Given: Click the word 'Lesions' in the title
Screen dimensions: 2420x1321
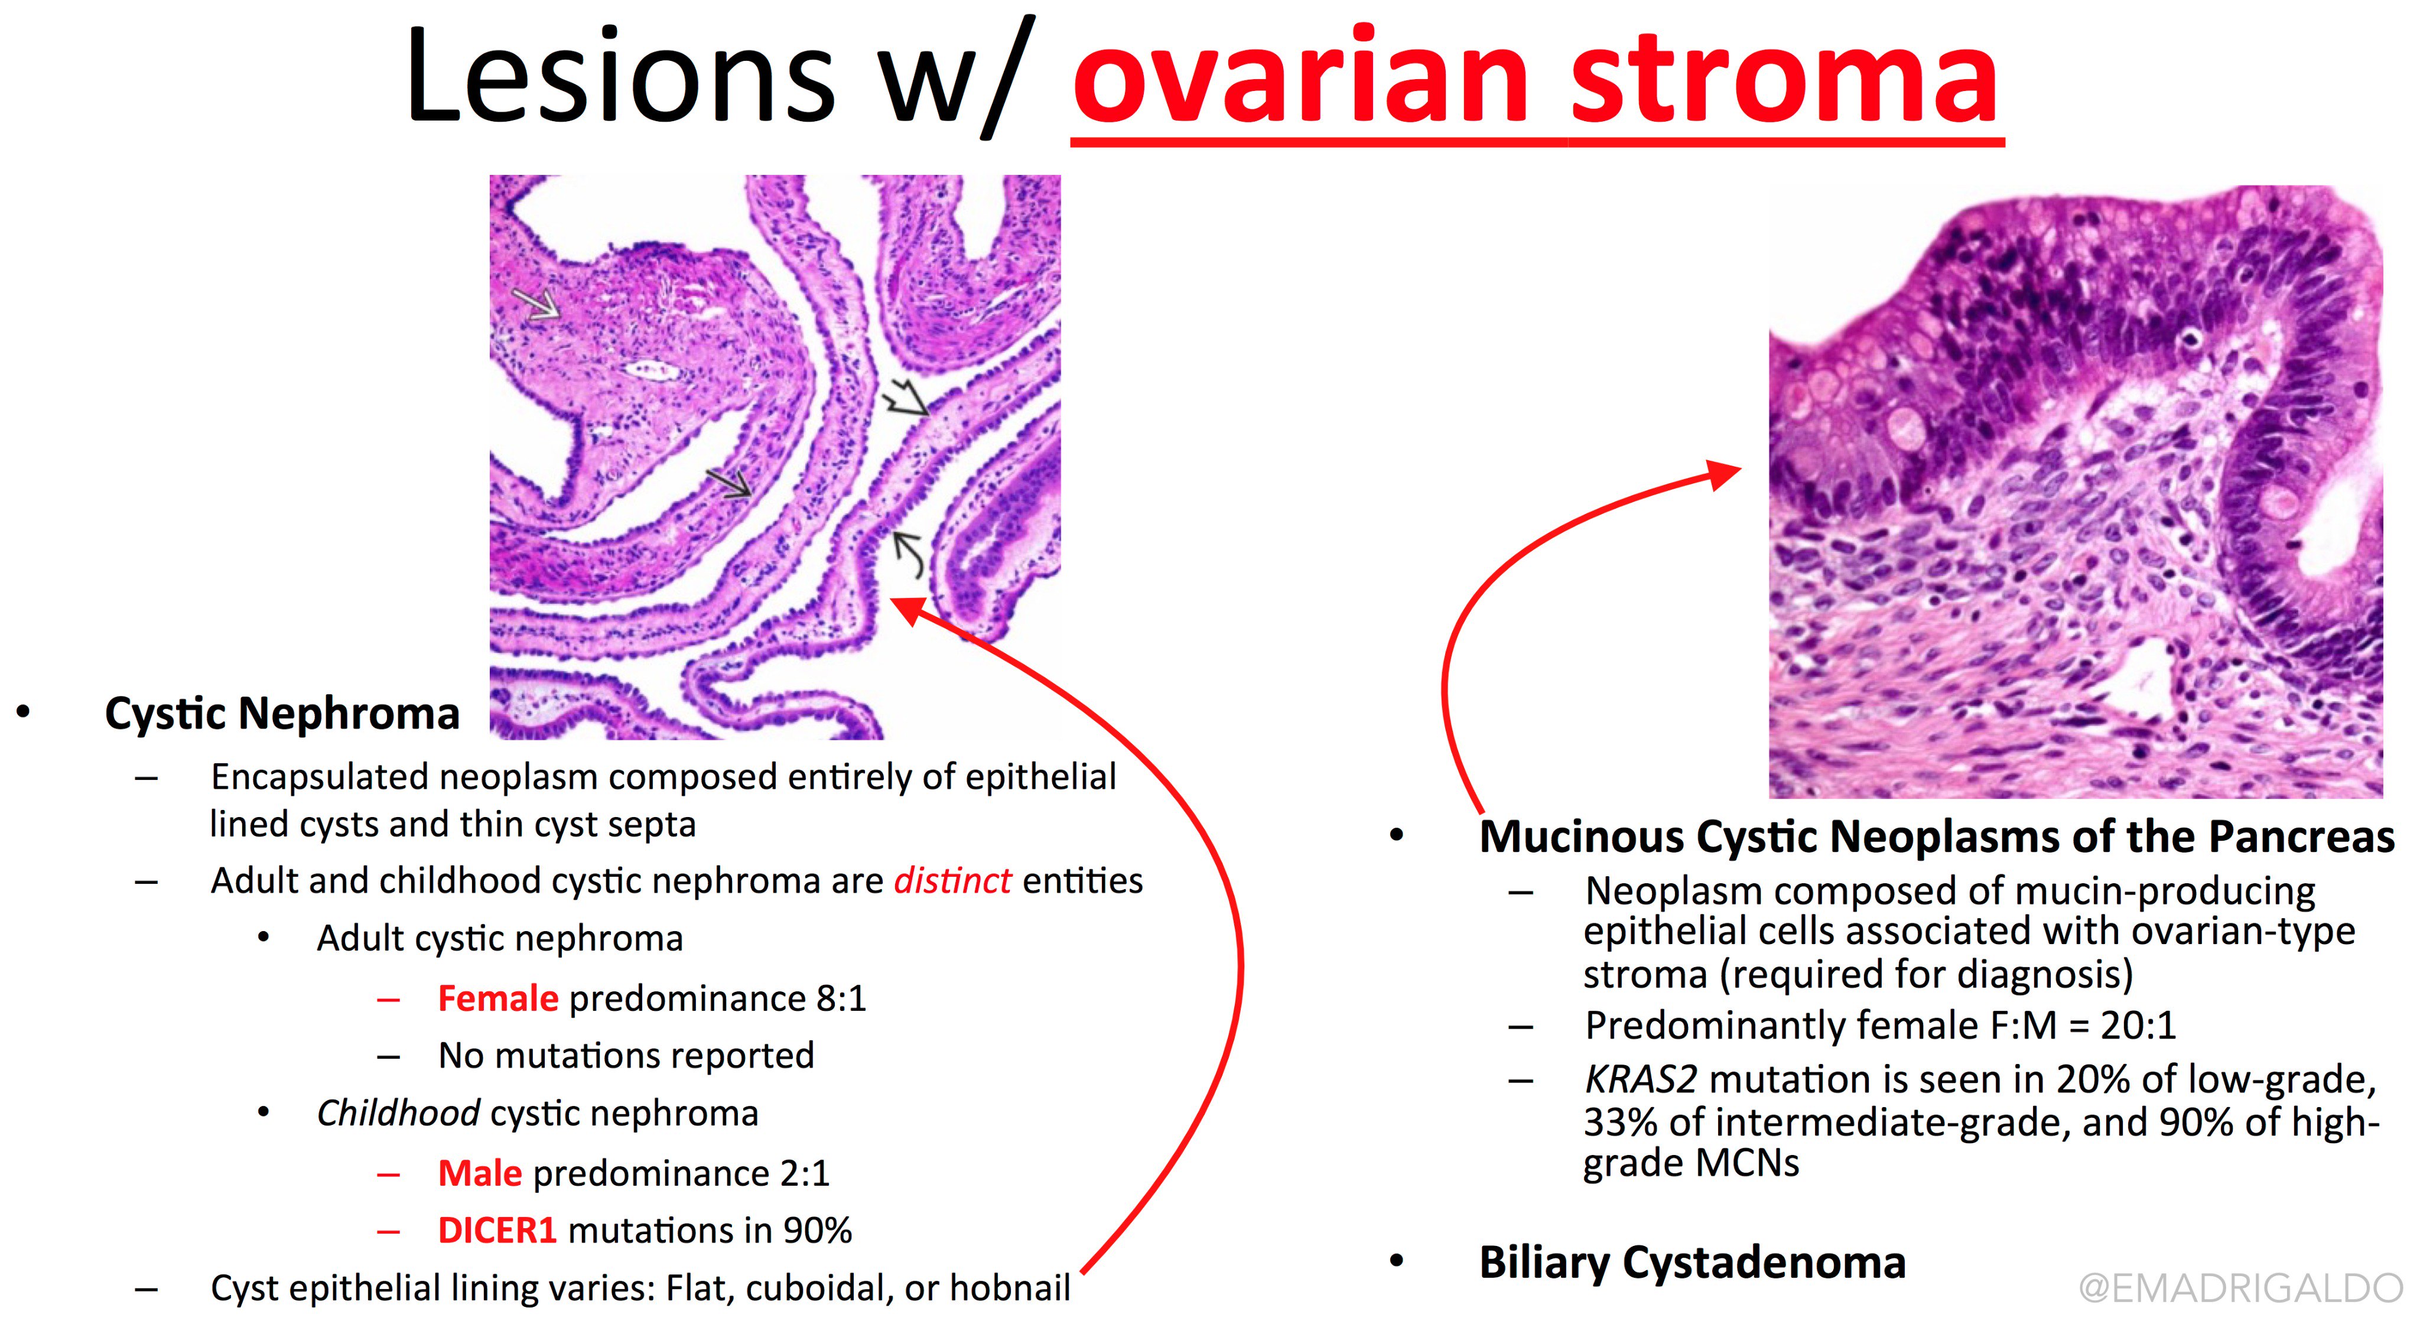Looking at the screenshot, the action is point(620,75).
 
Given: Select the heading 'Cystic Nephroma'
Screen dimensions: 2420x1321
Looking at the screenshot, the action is point(282,714).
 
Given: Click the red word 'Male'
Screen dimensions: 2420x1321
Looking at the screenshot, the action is point(480,1173).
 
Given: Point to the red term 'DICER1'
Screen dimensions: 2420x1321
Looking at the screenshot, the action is point(498,1231).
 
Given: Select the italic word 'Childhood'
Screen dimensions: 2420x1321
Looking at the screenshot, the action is point(398,1114).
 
